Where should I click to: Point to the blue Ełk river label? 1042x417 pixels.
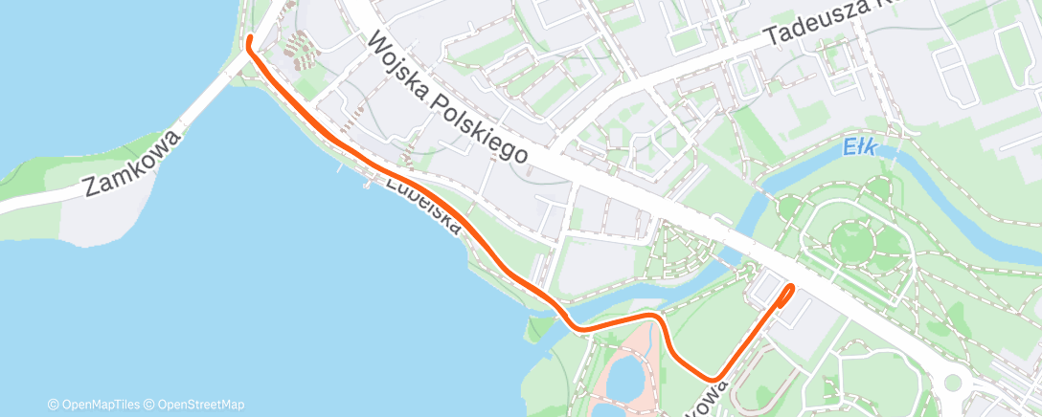pyautogui.click(x=862, y=148)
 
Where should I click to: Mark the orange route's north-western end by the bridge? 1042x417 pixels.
pyautogui.click(x=250, y=39)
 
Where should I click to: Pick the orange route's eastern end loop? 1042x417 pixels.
pyautogui.click(x=788, y=291)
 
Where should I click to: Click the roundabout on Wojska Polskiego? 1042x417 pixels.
pyautogui.click(x=951, y=384)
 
